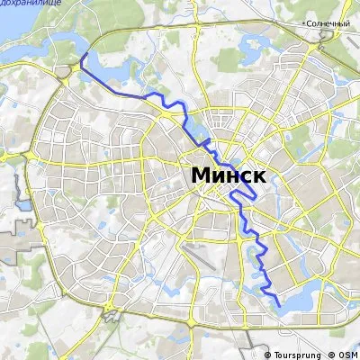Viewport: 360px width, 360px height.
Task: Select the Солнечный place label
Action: tap(327, 22)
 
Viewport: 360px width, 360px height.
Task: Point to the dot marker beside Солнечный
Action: tap(305, 22)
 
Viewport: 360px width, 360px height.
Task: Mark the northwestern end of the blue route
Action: tap(82, 56)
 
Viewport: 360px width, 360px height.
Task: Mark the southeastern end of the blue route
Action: tap(278, 307)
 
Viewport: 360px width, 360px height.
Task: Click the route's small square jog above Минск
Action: tap(208, 143)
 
